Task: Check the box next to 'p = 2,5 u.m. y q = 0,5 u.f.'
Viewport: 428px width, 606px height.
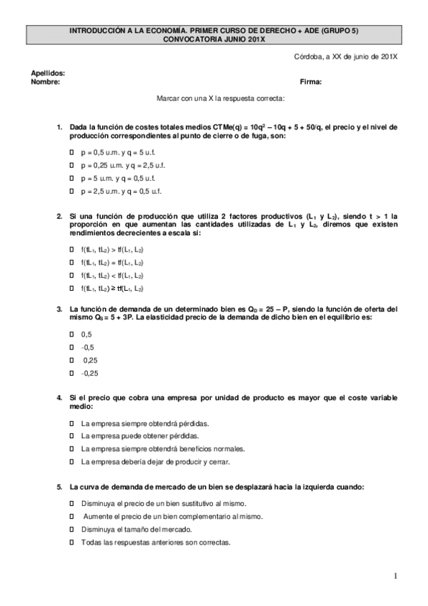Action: (71, 192)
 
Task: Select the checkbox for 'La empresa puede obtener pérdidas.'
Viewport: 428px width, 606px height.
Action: (71, 435)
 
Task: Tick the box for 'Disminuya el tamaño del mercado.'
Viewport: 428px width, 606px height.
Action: (71, 530)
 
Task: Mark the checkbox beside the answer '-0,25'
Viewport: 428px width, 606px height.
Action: (71, 373)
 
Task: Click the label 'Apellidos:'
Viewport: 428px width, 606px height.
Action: (48, 73)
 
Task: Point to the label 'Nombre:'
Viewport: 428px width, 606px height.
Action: (44, 81)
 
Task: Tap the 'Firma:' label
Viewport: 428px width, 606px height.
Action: (311, 81)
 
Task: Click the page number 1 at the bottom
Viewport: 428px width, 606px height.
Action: (394, 575)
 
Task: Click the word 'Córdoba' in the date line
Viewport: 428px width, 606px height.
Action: (308, 56)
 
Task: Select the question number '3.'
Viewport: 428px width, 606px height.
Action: (59, 309)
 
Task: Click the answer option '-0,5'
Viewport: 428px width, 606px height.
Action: (87, 347)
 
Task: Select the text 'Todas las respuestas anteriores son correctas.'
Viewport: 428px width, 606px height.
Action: (156, 542)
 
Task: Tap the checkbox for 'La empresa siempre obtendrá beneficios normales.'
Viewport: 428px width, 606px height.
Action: (71, 448)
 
